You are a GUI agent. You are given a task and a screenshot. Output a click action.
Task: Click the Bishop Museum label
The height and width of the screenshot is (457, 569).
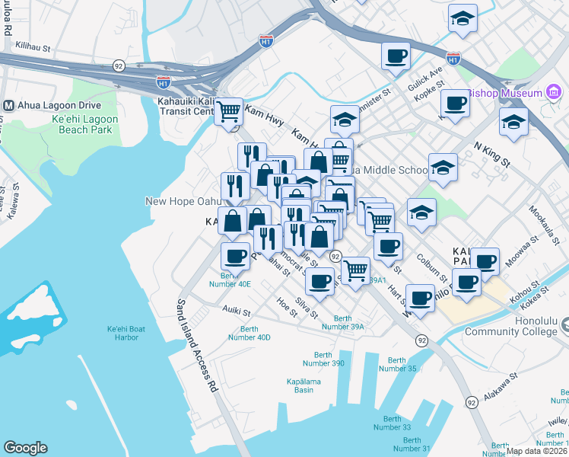(x=505, y=94)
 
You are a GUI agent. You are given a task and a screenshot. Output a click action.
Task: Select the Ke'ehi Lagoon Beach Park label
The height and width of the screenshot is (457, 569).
(x=84, y=124)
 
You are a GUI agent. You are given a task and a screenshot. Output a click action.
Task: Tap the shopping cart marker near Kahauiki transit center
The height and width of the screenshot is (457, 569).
(x=228, y=111)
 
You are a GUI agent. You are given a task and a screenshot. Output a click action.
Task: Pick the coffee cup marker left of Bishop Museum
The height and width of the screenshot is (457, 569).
(x=455, y=103)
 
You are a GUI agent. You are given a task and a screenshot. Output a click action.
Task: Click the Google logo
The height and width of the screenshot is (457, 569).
(x=25, y=448)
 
